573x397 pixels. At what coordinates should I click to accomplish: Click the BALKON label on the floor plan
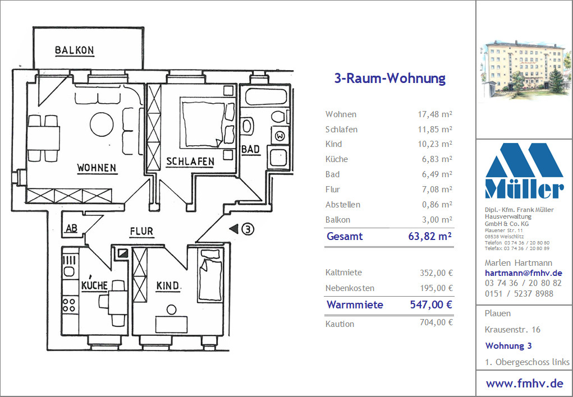(x=75, y=50)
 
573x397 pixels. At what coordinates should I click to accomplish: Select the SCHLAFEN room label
(x=190, y=162)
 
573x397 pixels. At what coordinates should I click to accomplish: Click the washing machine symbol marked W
(x=280, y=136)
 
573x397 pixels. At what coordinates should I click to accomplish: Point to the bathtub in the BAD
(x=266, y=96)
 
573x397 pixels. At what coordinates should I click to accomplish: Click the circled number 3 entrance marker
(x=248, y=229)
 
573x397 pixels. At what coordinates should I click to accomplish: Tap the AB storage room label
(x=72, y=229)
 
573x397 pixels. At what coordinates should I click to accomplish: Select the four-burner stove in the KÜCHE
(x=69, y=306)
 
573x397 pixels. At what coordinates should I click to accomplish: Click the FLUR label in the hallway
(x=141, y=232)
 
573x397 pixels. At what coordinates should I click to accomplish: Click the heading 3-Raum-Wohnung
(x=390, y=78)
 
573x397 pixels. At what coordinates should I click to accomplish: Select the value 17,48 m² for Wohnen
(x=435, y=114)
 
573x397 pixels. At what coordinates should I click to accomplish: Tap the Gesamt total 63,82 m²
(x=430, y=236)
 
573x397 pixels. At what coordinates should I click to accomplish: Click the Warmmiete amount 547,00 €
(x=431, y=304)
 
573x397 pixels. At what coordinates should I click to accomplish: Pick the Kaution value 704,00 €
(x=436, y=322)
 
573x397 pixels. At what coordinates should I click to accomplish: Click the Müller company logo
(x=524, y=171)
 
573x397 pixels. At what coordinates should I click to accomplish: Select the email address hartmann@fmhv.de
(x=523, y=273)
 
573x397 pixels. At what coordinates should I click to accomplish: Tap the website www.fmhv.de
(x=524, y=384)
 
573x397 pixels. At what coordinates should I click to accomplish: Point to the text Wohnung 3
(x=508, y=345)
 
